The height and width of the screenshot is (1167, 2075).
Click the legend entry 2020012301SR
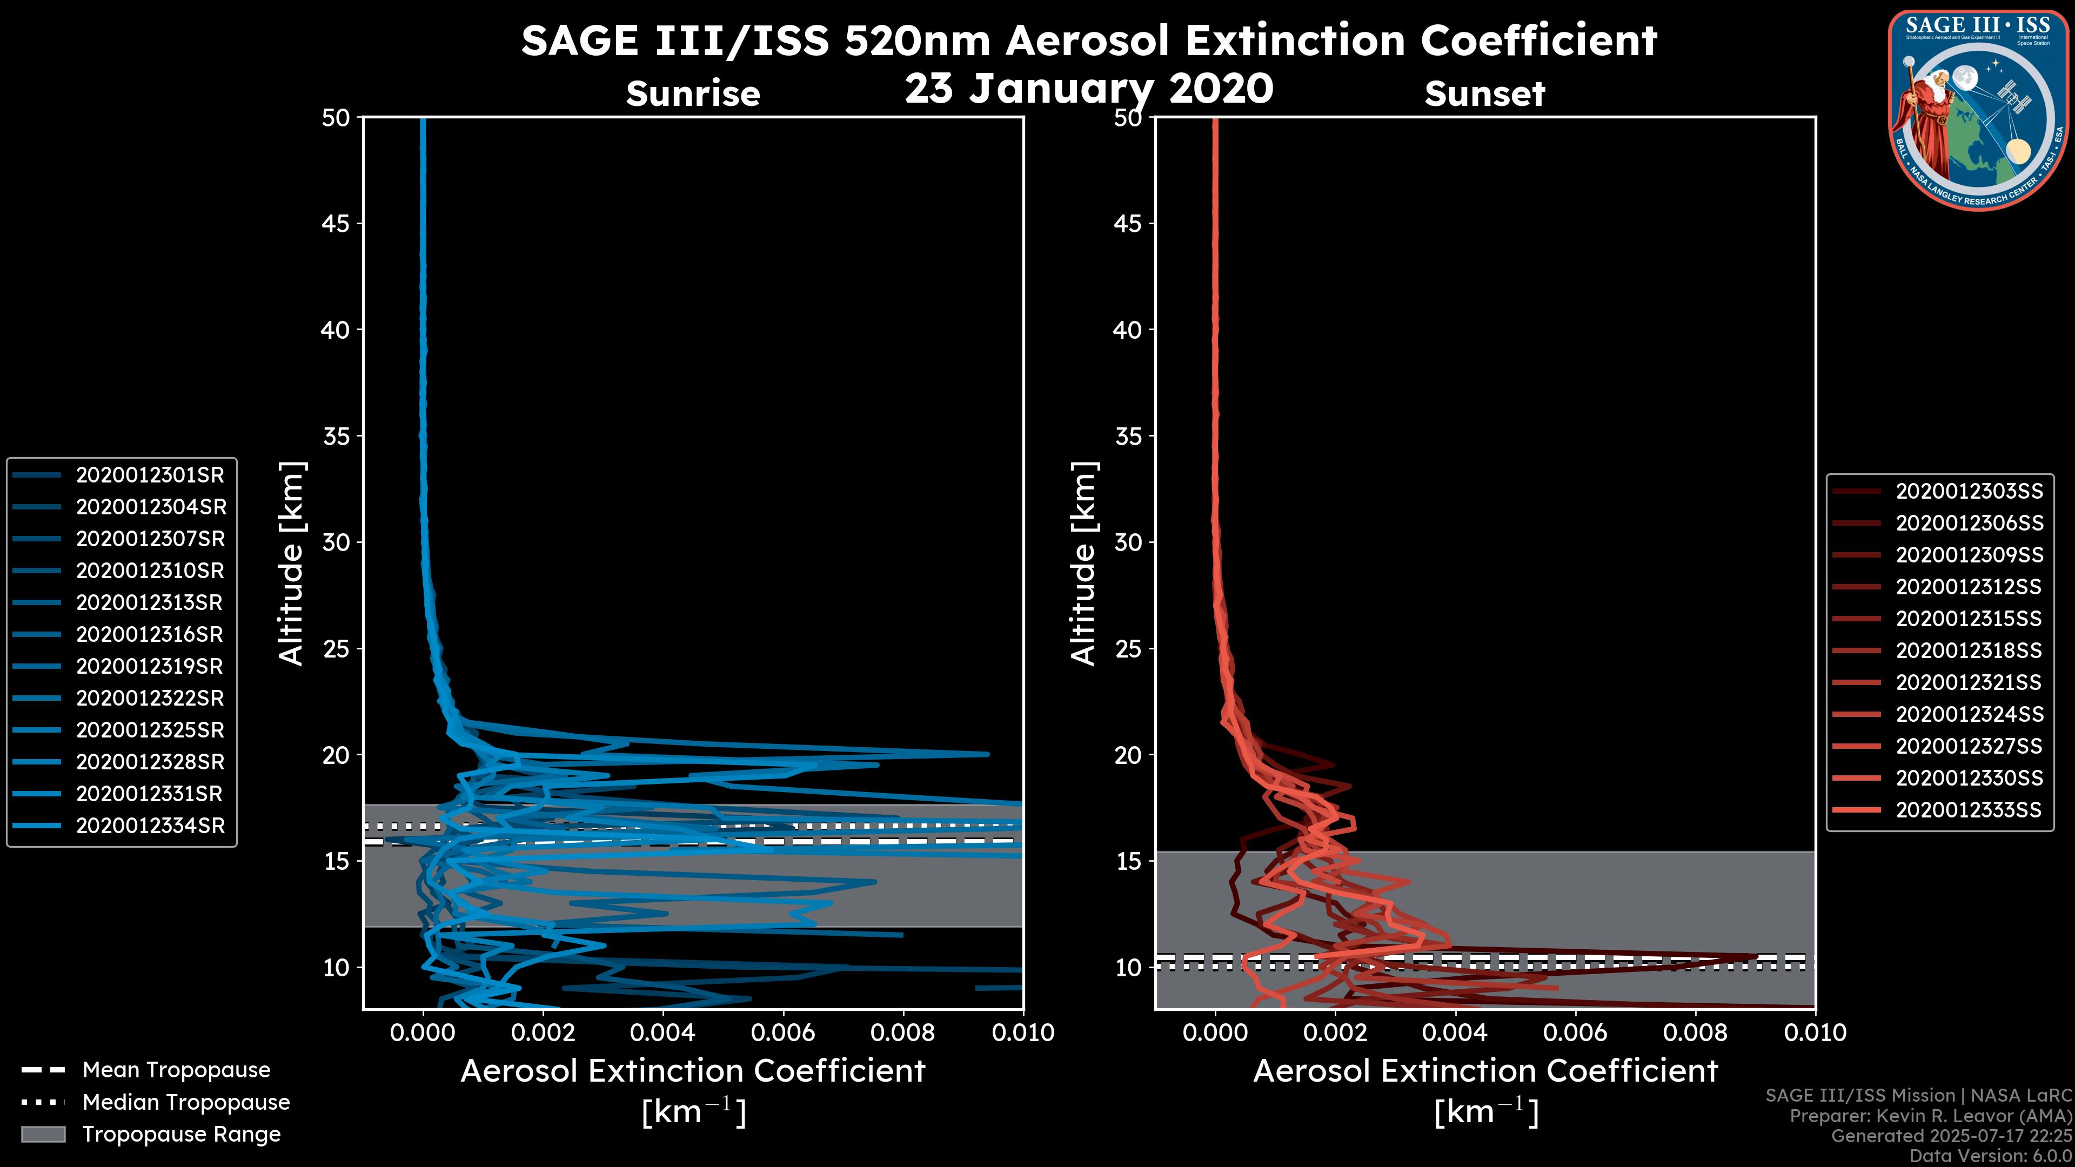(x=150, y=475)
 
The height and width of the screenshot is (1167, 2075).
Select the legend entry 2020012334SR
(x=150, y=826)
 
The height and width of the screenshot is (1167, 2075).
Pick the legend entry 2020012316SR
(x=150, y=635)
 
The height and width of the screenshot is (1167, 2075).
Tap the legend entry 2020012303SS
(x=1969, y=491)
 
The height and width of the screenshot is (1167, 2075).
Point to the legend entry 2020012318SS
(x=1969, y=650)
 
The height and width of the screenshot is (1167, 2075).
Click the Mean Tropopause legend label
(x=176, y=1070)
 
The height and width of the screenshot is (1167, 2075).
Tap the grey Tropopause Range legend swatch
(x=43, y=1134)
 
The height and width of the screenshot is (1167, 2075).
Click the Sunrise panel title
(x=693, y=93)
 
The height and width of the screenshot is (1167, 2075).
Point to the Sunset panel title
(x=1484, y=93)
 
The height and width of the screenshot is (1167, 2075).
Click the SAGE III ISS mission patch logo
(x=1978, y=110)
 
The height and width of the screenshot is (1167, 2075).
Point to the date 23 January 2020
(x=1089, y=89)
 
